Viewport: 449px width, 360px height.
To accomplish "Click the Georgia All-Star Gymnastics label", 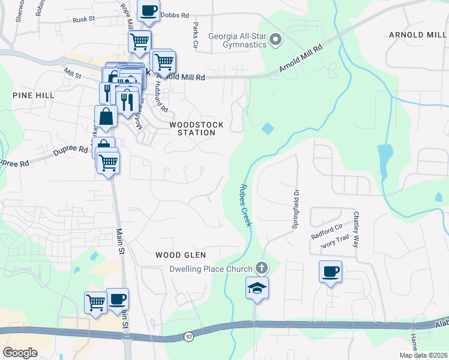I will pos(237,40).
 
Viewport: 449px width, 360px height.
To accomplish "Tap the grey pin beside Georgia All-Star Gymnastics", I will pos(276,41).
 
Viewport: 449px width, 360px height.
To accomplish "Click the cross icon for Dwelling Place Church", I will pos(261,267).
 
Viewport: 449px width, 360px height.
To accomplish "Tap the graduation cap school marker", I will pos(256,288).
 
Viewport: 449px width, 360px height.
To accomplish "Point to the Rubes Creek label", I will pos(246,205).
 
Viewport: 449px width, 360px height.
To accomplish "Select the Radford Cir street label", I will pos(327,232).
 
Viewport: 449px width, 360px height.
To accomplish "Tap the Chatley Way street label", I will pos(356,230).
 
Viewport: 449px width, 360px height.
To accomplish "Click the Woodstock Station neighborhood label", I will pos(196,128).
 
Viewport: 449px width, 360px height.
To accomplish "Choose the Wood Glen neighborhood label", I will pos(176,255).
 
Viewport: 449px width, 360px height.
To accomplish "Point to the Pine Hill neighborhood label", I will pos(32,95).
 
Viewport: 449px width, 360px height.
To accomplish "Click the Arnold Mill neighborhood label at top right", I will pos(418,35).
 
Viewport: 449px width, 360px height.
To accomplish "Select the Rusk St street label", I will pos(84,19).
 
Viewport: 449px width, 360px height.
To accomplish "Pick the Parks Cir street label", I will pos(195,36).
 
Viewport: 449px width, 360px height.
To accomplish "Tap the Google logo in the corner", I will pos(20,352).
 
